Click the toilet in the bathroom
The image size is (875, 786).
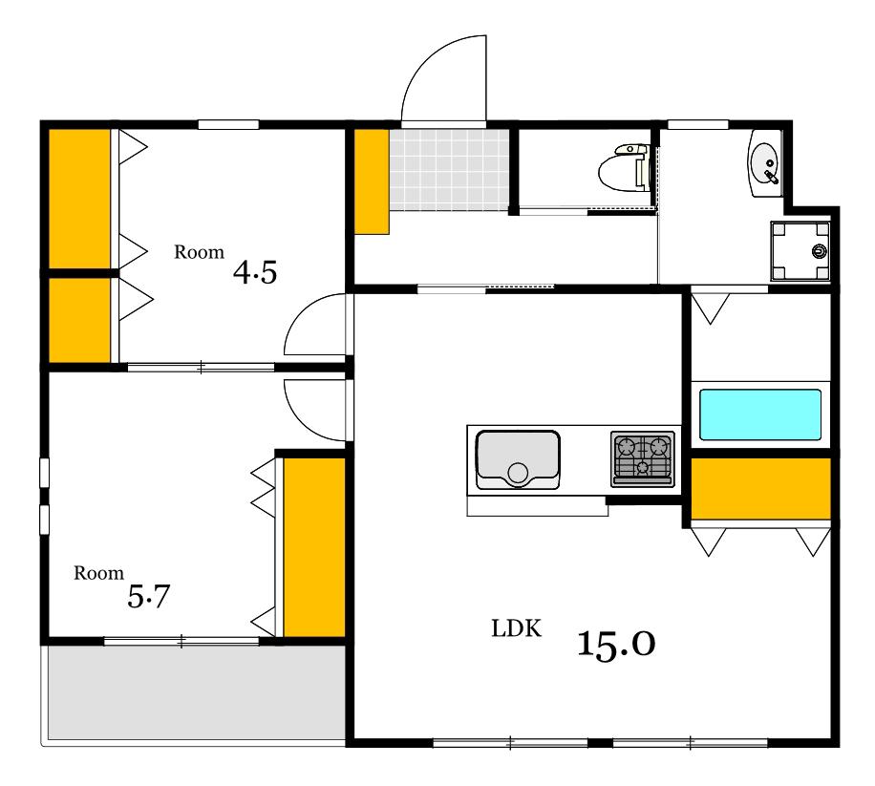point(625,168)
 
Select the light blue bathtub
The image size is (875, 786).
point(760,414)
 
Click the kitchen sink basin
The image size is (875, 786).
point(518,459)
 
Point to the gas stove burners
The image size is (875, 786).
point(642,458)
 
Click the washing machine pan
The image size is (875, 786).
point(800,251)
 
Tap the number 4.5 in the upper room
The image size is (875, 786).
point(255,273)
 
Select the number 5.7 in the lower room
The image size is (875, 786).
point(148,596)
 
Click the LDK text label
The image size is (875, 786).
point(516,628)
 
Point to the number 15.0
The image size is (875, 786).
point(616,645)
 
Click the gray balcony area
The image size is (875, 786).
point(196,692)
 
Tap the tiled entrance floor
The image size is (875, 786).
point(449,170)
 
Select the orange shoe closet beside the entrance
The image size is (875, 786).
point(372,181)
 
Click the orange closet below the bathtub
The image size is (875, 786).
point(760,489)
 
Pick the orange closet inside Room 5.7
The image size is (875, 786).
point(314,547)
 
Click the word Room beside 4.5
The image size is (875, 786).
point(200,252)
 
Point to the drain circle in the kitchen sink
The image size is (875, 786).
point(518,473)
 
